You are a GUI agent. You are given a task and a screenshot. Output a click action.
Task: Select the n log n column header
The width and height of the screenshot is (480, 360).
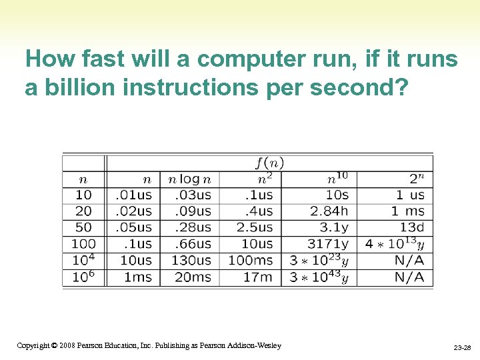[x=189, y=179]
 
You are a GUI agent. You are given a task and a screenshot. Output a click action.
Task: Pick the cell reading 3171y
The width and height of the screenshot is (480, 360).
[x=328, y=244]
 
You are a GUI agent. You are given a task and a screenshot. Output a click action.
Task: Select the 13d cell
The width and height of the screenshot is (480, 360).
[x=412, y=227]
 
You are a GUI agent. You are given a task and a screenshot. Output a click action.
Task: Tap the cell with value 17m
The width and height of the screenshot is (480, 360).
[x=257, y=277]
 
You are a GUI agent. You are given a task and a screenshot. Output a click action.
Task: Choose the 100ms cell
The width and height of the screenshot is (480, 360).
[x=251, y=260]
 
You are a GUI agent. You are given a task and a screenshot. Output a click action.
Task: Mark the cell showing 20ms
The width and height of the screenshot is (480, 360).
[x=193, y=277]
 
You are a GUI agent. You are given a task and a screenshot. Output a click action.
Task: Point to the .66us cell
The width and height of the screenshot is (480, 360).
[x=193, y=244]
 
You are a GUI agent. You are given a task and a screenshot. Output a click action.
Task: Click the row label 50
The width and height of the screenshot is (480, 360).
[x=83, y=227]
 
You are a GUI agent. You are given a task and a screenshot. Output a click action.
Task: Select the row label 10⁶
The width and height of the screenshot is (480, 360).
[x=83, y=277]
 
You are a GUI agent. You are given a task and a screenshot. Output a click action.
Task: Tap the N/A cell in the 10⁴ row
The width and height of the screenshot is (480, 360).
[x=409, y=260]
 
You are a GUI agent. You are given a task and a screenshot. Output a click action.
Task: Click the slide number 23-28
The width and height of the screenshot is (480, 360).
[x=462, y=348]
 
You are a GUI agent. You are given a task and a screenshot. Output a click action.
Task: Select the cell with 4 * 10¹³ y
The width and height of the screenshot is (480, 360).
[x=395, y=244]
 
